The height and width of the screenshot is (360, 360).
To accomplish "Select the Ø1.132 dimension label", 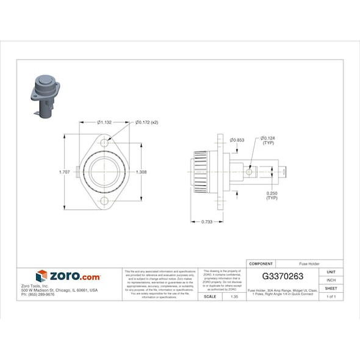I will (104, 122).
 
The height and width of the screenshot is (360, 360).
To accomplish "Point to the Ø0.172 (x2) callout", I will (146, 122).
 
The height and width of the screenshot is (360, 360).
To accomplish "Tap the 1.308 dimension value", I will (142, 171).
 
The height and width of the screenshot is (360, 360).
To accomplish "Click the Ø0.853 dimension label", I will (237, 140).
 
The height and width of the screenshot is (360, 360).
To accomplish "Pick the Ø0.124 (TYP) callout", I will (268, 141).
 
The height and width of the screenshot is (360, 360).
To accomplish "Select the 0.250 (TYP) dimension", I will (272, 196).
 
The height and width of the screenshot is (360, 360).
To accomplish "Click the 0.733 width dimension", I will (207, 221).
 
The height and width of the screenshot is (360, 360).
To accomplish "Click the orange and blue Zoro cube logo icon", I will (41, 276).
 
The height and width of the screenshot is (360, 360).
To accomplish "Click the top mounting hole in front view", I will (104, 143).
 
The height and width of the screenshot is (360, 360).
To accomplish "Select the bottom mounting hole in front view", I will (104, 201).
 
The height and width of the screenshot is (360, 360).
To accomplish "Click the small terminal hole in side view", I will (249, 173).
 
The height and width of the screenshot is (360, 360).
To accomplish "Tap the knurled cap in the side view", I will (200, 173).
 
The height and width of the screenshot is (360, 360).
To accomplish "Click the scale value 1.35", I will (232, 297).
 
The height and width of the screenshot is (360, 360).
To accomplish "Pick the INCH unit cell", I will (331, 280).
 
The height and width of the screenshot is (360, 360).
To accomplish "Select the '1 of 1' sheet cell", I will (331, 297).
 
